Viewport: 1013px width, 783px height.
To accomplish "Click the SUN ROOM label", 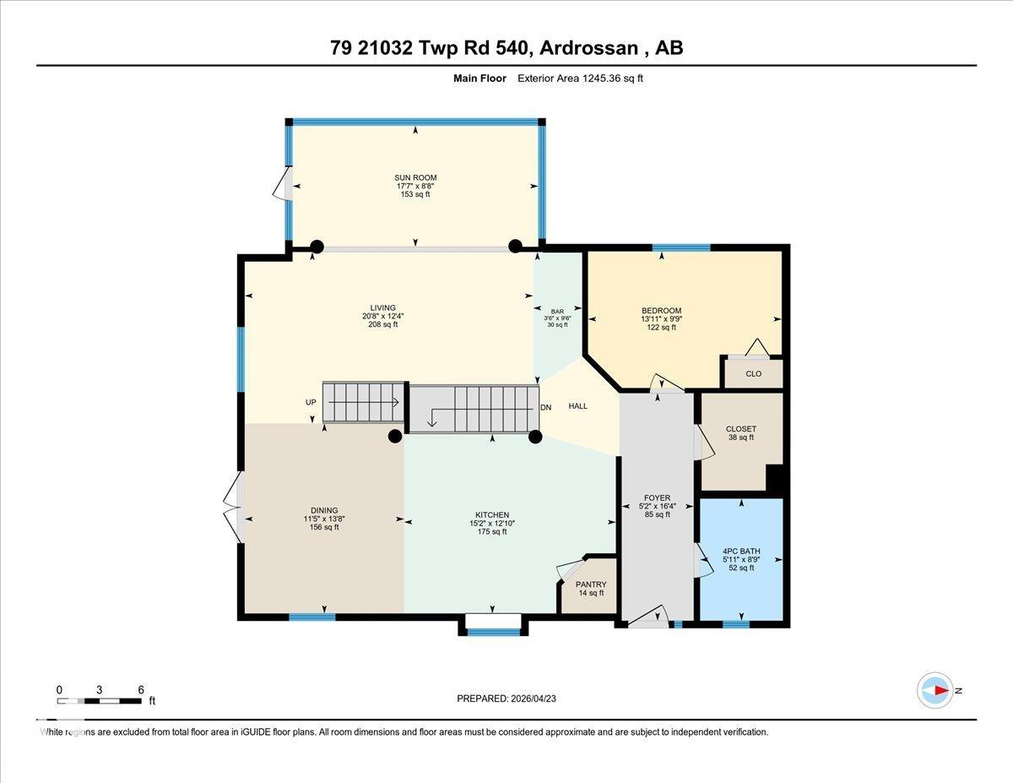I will click(416, 178).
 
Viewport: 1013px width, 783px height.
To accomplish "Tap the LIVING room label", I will click(382, 308).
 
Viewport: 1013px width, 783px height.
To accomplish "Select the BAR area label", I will click(557, 312).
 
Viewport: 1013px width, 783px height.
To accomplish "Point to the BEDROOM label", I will click(661, 311).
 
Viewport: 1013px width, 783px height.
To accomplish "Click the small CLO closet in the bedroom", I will click(753, 373).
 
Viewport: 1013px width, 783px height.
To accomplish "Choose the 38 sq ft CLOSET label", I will click(741, 429).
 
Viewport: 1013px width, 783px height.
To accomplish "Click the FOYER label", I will click(657, 498).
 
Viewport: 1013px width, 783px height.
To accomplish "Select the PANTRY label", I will click(591, 585).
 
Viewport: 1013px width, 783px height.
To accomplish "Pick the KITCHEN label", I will click(491, 515).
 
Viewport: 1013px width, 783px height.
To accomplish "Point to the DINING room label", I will click(324, 511).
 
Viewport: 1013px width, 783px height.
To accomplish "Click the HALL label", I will click(577, 406).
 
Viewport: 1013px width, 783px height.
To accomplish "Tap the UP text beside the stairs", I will click(311, 403).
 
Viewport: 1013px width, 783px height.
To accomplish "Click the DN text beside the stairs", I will click(545, 407).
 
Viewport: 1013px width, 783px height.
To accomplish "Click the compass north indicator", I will click(935, 690).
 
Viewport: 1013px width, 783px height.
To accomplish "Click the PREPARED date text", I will click(506, 699).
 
